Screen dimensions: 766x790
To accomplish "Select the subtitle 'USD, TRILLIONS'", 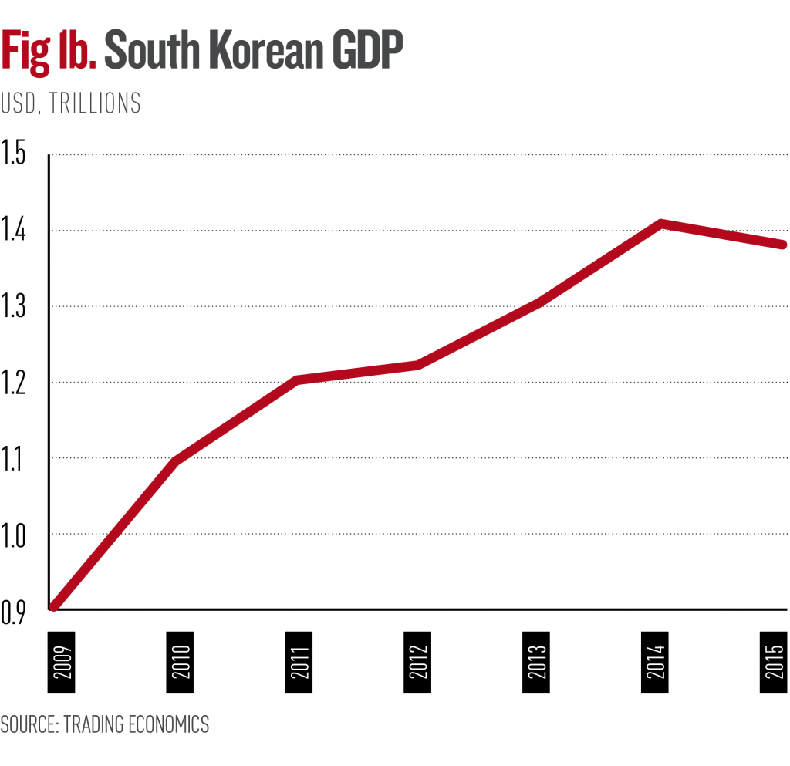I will [x=71, y=103].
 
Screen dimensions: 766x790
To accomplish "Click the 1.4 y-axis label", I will [x=13, y=231].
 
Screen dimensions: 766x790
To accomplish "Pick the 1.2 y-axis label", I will [x=13, y=383].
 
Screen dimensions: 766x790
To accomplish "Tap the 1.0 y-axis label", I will [x=13, y=534].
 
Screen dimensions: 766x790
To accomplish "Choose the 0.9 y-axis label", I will [x=13, y=610].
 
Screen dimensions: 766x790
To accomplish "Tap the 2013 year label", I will [x=537, y=656].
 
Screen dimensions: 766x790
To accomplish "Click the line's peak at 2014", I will [x=660, y=224].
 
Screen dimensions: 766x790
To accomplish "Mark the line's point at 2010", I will [x=177, y=461].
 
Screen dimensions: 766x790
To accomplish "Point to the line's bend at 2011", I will [x=297, y=380].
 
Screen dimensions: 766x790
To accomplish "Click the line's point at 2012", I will [x=417, y=364].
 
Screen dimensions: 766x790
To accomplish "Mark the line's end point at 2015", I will [x=782, y=245].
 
